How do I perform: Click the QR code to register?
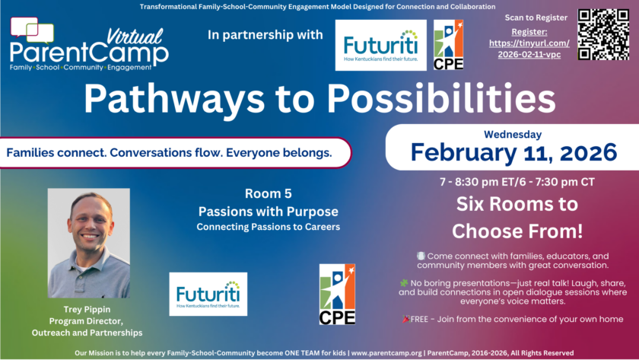pyautogui.click(x=603, y=35)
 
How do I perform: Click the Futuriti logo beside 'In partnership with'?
pyautogui.click(x=380, y=45)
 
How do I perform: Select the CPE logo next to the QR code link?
pyautogui.click(x=448, y=45)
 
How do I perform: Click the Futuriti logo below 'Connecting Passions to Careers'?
pyautogui.click(x=208, y=294)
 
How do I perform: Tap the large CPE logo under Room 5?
pyautogui.click(x=337, y=294)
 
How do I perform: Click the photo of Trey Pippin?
pyautogui.click(x=89, y=243)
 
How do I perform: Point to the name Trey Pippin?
pyautogui.click(x=87, y=310)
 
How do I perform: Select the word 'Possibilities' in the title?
pyautogui.click(x=441, y=98)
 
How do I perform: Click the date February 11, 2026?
pyautogui.click(x=513, y=152)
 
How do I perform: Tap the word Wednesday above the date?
pyautogui.click(x=513, y=134)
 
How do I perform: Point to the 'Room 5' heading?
pyautogui.click(x=268, y=193)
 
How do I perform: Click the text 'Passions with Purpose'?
pyautogui.click(x=268, y=212)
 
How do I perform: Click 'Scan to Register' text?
pyautogui.click(x=536, y=18)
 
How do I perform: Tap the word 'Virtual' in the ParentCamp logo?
pyautogui.click(x=135, y=37)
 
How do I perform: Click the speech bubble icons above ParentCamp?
pyautogui.click(x=32, y=30)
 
